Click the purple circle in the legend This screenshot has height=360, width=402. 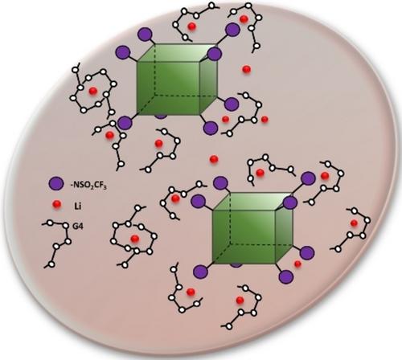(x=56, y=184)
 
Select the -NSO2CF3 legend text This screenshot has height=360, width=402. (x=88, y=186)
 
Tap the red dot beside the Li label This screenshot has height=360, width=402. (x=57, y=205)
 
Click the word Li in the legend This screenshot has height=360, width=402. (x=77, y=207)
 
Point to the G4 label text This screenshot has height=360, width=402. (x=78, y=227)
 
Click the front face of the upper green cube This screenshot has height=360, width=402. (x=168, y=88)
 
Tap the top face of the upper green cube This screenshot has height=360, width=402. (x=178, y=53)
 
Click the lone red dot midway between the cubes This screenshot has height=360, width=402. (x=214, y=159)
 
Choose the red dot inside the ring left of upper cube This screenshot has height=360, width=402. (x=92, y=91)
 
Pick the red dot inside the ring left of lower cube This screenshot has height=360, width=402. (x=134, y=238)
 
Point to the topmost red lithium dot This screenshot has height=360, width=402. (x=244, y=19)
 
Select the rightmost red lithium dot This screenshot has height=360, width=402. (x=354, y=223)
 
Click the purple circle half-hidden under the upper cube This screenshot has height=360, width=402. (x=161, y=116)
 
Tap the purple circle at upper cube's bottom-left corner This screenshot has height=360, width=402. (x=125, y=123)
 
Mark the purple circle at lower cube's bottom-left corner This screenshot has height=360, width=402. (x=200, y=272)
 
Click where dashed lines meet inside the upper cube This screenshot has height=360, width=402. (x=154, y=95)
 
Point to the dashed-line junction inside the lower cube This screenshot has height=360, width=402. (x=230, y=243)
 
